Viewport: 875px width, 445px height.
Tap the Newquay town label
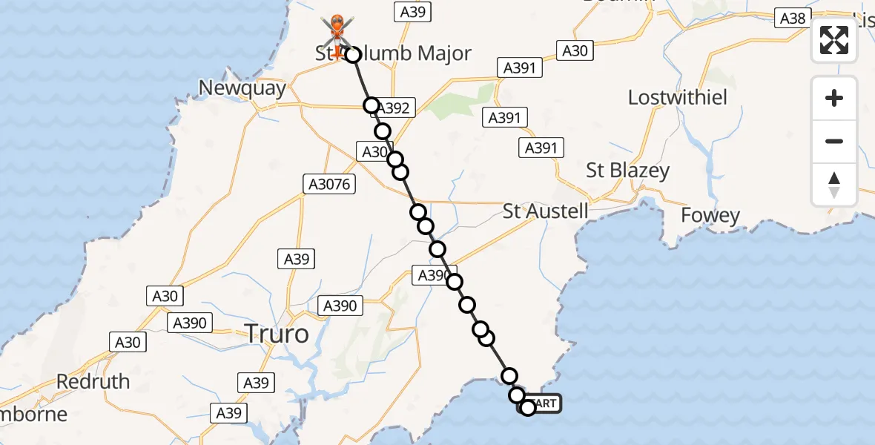click(242, 89)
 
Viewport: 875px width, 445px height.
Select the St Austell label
click(545, 211)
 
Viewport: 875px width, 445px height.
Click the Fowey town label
click(710, 216)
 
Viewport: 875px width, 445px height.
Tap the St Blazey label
click(627, 171)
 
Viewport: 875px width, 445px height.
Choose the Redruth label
click(93, 381)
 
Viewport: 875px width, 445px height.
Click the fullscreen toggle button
click(834, 40)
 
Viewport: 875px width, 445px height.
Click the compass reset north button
click(834, 184)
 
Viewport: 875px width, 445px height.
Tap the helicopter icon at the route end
click(337, 34)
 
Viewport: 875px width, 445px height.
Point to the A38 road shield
click(793, 19)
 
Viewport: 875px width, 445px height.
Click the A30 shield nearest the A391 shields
click(575, 50)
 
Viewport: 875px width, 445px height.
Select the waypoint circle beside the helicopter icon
click(353, 54)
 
